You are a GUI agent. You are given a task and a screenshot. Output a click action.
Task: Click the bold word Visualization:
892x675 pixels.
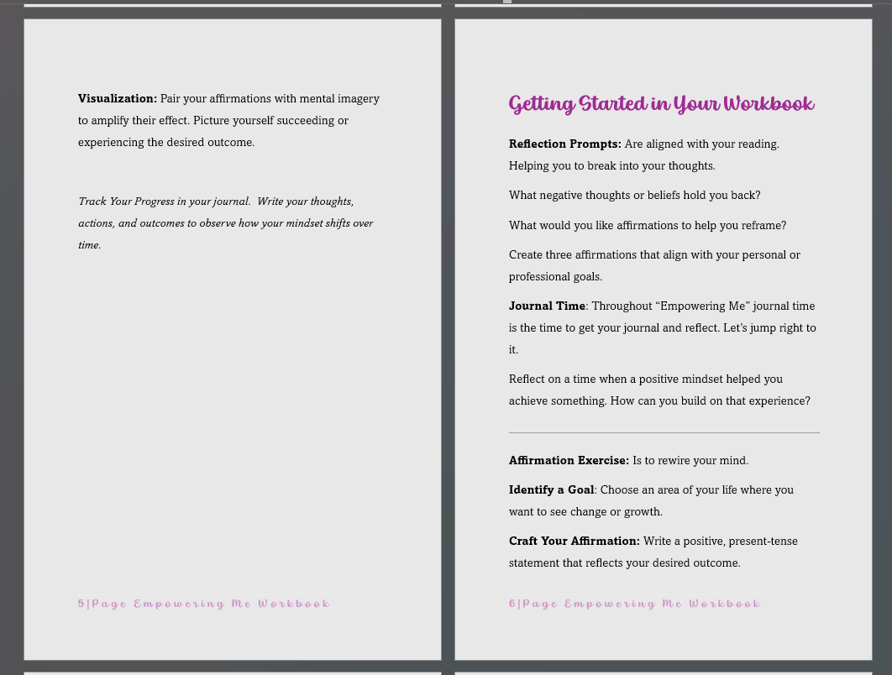tap(118, 99)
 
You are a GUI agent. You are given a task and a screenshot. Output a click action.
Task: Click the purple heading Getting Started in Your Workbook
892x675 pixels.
tap(661, 104)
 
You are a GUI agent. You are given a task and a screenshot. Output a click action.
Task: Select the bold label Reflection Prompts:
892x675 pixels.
tap(564, 144)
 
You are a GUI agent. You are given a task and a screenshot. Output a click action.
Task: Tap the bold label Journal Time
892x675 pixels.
tap(547, 306)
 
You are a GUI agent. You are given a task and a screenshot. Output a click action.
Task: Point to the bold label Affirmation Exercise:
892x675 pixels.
tap(569, 461)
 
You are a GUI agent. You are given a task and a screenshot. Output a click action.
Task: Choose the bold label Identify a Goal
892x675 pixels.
tap(551, 490)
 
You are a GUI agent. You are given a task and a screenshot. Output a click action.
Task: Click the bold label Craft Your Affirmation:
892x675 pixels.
tap(574, 542)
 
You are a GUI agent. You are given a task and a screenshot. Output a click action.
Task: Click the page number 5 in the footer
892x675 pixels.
tap(81, 604)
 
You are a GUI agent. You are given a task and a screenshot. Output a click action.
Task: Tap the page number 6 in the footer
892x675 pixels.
tap(512, 604)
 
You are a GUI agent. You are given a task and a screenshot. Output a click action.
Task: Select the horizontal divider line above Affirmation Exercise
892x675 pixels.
tap(664, 433)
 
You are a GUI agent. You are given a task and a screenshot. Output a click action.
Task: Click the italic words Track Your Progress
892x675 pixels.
tap(126, 201)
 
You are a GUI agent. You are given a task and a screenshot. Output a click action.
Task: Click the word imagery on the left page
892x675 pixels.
tap(359, 99)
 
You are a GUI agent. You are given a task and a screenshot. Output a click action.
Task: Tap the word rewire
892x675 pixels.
tap(675, 461)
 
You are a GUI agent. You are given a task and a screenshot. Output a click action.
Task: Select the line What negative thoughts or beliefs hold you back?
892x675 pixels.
tap(634, 196)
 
